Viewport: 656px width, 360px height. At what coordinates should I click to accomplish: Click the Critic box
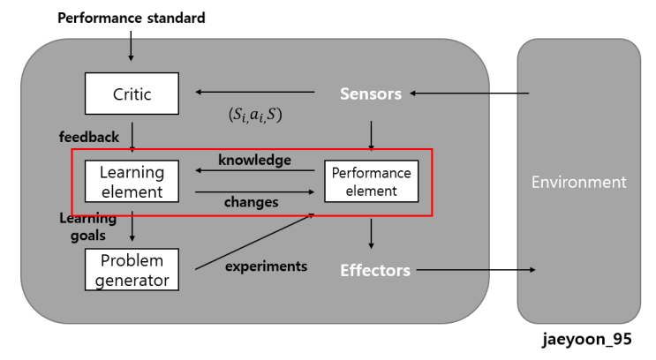(132, 94)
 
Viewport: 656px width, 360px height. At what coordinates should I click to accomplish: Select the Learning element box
(132, 182)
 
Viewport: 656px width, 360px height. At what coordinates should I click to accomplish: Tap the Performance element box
(371, 181)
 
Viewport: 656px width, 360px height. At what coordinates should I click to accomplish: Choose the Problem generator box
(132, 269)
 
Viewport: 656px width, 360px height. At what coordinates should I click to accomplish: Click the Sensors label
(372, 94)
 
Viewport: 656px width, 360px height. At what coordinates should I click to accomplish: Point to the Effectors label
(375, 270)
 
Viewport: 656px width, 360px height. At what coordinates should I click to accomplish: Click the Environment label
(578, 183)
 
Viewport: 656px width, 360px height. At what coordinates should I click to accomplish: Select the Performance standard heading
(132, 18)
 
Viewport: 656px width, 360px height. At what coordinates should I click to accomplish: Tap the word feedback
(88, 138)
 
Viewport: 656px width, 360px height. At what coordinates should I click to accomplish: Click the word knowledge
(254, 160)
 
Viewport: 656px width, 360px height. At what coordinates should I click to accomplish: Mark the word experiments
(266, 265)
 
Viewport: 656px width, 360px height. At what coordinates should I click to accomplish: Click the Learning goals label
(87, 226)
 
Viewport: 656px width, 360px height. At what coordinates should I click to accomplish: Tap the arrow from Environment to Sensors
(469, 93)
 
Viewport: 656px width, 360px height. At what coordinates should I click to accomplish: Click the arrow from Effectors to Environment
(477, 269)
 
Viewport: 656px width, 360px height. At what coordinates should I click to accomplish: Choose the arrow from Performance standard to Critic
(132, 46)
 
